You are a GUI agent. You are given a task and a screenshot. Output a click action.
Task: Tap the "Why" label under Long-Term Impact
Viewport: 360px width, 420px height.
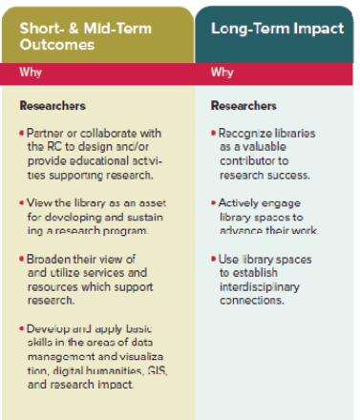222,73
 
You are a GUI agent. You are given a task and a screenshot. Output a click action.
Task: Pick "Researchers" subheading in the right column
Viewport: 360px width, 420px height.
244,106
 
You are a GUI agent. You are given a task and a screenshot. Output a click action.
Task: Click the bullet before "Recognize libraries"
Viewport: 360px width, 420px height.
214,130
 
